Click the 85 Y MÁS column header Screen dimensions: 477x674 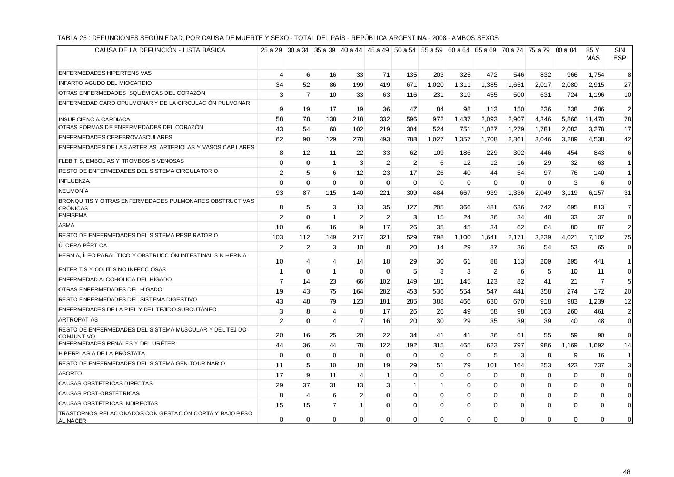[592, 54]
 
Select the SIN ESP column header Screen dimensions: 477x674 [619, 54]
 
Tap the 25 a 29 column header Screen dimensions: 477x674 [271, 51]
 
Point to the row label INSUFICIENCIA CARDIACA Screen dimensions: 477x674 [94, 120]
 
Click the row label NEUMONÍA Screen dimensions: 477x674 [74, 191]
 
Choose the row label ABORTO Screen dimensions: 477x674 [71, 373]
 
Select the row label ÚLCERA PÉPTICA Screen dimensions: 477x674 [83, 245]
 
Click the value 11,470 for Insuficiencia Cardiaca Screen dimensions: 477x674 [594, 120]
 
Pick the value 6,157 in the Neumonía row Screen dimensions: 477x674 [596, 193]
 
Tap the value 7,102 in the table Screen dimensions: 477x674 [596, 238]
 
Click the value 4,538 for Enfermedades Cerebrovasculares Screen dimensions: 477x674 [596, 140]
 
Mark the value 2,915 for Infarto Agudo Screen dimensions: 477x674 [596, 85]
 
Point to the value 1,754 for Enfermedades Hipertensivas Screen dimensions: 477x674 [596, 75]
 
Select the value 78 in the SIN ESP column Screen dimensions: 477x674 [627, 120]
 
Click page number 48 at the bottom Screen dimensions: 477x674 [626, 472]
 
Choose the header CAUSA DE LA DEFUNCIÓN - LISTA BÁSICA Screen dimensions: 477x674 [160, 51]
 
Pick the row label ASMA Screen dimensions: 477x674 [66, 225]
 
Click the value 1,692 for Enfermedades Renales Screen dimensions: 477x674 [596, 346]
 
